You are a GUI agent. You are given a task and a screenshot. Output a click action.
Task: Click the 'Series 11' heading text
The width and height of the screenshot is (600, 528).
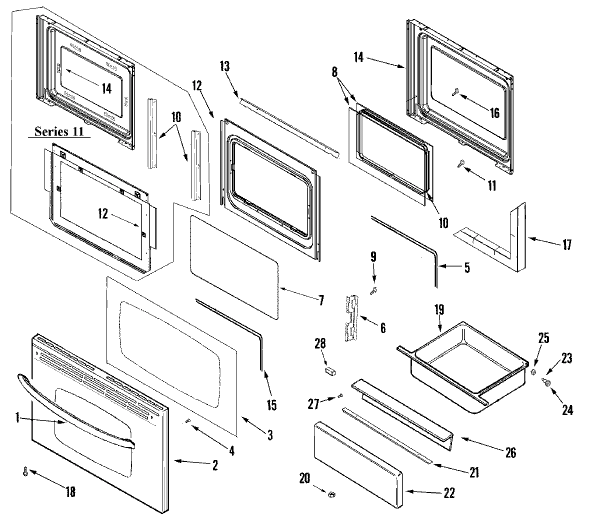click(x=58, y=131)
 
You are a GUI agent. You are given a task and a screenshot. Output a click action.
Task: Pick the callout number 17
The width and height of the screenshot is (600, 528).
click(x=566, y=245)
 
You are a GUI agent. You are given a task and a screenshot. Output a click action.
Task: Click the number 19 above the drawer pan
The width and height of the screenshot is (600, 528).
click(x=439, y=310)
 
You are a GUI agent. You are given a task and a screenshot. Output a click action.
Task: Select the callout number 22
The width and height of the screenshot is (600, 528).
click(x=448, y=492)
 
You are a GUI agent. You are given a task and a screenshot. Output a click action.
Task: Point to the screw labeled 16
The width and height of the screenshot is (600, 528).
click(x=457, y=105)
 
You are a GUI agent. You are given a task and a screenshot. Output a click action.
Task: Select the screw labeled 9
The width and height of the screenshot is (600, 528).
click(x=374, y=289)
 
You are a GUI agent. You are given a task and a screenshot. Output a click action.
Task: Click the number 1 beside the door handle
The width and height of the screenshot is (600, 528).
click(x=18, y=418)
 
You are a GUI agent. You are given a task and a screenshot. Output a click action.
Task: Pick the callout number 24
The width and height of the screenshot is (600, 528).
click(x=567, y=410)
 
